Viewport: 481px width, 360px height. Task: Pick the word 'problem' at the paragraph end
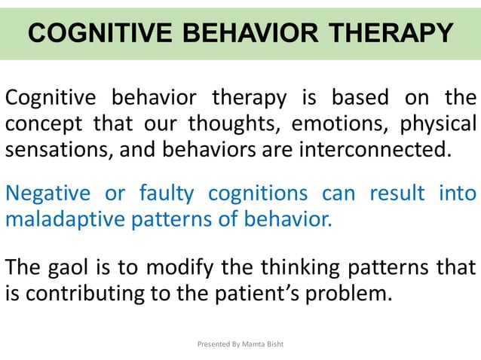tap(351, 293)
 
